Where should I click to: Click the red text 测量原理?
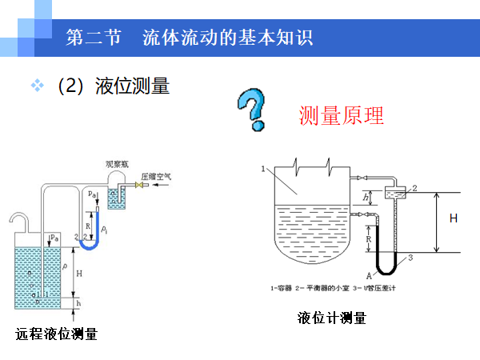(341, 116)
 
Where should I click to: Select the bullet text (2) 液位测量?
(112, 86)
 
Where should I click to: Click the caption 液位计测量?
(331, 318)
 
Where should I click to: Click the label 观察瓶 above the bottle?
(118, 164)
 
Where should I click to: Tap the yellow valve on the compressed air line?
(138, 186)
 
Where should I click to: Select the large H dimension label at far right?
(454, 218)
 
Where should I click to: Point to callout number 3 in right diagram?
(410, 258)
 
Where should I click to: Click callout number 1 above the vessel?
(263, 168)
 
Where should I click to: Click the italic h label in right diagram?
(366, 197)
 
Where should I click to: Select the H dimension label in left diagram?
(78, 273)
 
